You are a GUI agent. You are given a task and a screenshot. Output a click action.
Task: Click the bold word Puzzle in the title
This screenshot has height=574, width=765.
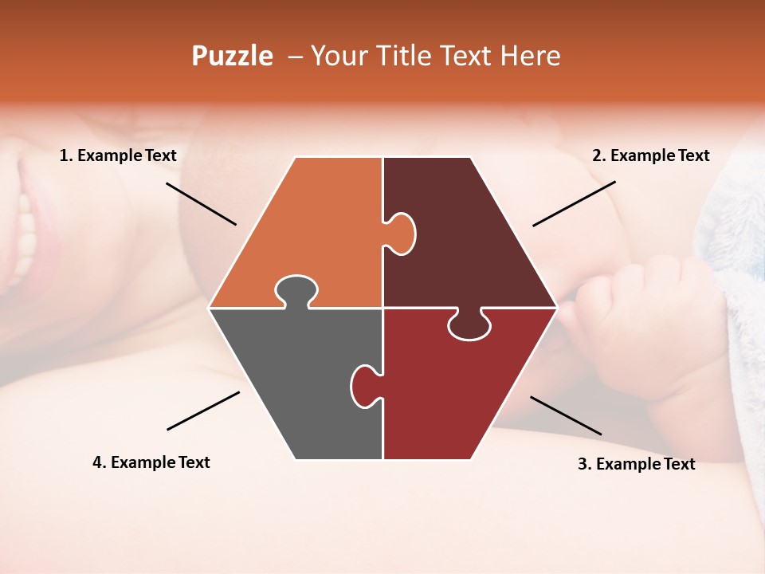pyautogui.click(x=232, y=56)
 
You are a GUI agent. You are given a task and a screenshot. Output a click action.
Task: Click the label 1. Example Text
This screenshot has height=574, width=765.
pyautogui.click(x=118, y=155)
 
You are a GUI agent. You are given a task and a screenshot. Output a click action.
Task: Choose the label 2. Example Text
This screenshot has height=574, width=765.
pyautogui.click(x=650, y=155)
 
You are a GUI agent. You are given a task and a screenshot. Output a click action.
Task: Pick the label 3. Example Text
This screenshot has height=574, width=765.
pyautogui.click(x=636, y=464)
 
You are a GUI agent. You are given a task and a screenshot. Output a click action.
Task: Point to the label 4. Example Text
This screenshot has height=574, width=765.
pyautogui.click(x=151, y=462)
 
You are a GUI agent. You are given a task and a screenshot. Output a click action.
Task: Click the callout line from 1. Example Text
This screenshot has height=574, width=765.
pyautogui.click(x=201, y=203)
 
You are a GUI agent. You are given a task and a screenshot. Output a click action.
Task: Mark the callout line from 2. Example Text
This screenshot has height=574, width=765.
pyautogui.click(x=574, y=203)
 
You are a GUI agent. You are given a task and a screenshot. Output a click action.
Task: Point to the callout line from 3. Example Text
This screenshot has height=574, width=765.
pyautogui.click(x=566, y=415)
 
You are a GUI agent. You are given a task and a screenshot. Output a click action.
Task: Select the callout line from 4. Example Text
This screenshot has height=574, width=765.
pyautogui.click(x=203, y=410)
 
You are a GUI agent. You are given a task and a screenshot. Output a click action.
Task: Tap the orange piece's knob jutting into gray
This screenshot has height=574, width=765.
pyautogui.click(x=296, y=290)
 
